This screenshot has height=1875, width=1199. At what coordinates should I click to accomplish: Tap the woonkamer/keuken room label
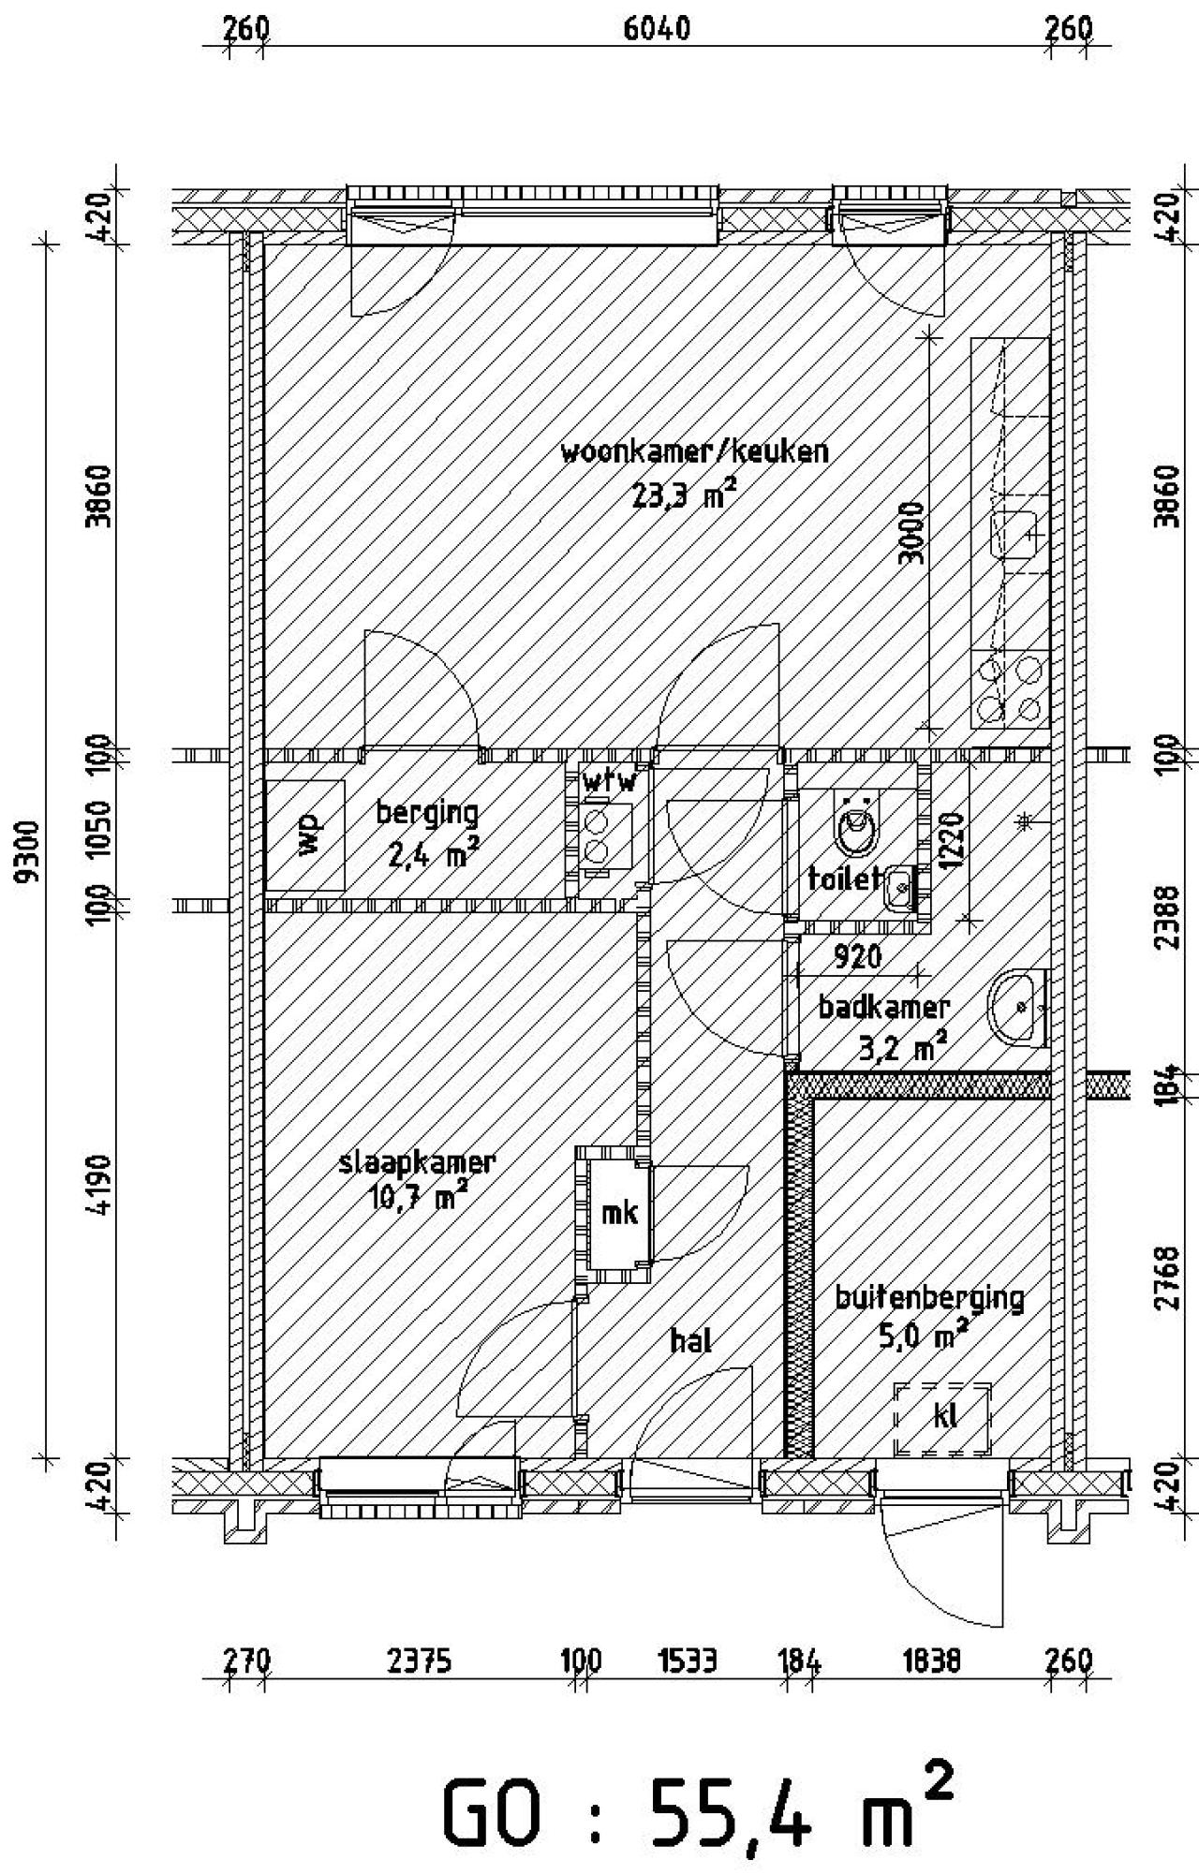coord(694,451)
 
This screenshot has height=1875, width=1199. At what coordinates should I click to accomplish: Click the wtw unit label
coord(609,780)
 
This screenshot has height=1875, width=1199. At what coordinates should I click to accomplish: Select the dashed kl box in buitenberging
coord(942,1419)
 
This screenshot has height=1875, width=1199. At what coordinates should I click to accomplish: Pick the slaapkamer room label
coord(417,1162)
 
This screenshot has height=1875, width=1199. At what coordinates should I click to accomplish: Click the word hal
coord(690,1340)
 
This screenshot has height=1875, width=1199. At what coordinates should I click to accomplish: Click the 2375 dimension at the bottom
coord(419,1661)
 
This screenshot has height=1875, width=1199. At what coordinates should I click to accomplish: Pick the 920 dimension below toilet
coord(857,956)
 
